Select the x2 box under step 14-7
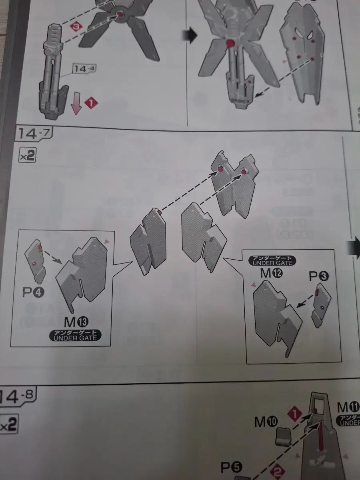pos(27,156)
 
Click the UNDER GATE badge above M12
pos(272,260)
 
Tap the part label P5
pos(231,466)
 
